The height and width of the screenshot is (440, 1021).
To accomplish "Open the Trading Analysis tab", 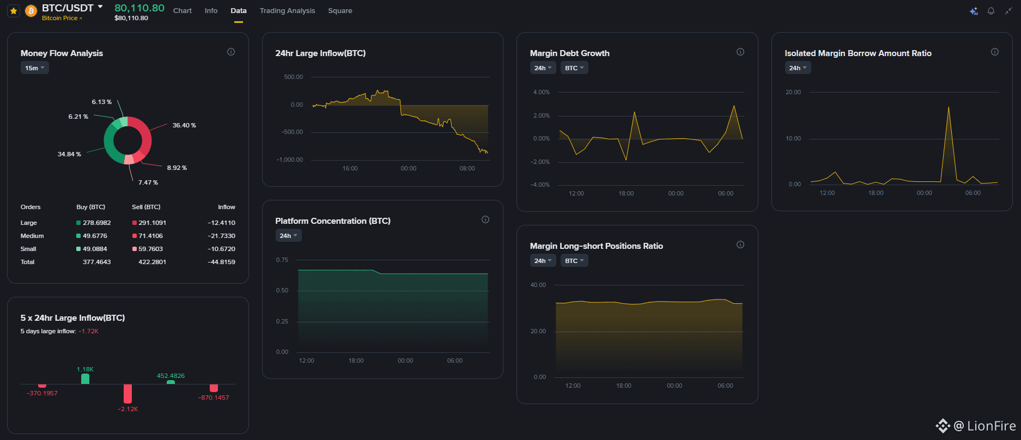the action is [287, 10].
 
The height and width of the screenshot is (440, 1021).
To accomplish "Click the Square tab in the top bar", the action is [340, 10].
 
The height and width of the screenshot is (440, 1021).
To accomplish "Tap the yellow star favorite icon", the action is [14, 10].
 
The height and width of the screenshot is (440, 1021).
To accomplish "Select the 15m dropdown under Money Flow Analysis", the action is [34, 68].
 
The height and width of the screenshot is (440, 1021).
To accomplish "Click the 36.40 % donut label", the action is [184, 125].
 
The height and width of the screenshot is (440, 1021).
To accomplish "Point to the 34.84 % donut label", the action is [69, 154].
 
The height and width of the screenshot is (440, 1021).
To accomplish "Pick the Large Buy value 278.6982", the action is [96, 223].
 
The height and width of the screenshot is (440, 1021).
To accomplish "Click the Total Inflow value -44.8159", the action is [221, 262].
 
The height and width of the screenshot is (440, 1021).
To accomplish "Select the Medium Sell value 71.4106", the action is [150, 236].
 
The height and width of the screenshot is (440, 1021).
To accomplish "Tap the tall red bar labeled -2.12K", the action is [127, 394].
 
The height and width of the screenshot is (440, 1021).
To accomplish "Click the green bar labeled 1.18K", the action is [85, 379].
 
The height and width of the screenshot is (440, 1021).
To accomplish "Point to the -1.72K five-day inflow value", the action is [88, 331].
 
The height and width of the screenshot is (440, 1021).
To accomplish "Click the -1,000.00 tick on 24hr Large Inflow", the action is [290, 160].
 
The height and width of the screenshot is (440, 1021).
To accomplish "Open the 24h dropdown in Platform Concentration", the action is [289, 236].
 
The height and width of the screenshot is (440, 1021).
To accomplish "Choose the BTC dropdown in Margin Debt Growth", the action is [574, 68].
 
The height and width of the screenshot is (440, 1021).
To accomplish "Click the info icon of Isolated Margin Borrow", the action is [995, 52].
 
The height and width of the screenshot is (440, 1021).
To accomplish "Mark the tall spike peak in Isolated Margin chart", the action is [949, 107].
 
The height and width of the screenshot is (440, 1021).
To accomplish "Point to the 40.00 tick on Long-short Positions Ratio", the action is [538, 285].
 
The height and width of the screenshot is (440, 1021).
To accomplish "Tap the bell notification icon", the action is [991, 11].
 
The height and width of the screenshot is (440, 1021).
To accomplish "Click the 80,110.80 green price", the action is [139, 8].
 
